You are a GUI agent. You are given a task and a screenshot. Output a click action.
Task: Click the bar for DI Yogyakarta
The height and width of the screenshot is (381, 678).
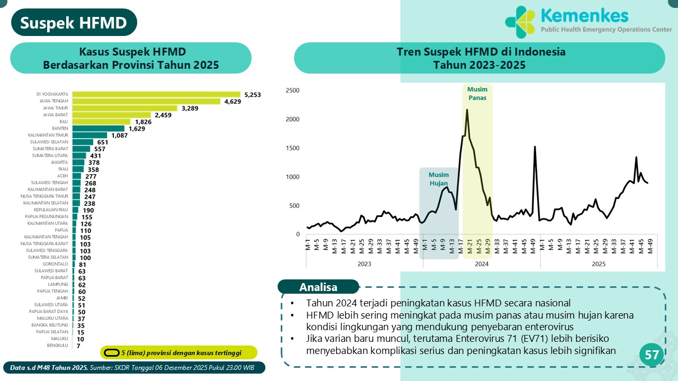156,94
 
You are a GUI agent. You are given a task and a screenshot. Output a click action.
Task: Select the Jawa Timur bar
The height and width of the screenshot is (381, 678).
125,108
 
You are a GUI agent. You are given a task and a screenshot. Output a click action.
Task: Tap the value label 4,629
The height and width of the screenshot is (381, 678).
233,102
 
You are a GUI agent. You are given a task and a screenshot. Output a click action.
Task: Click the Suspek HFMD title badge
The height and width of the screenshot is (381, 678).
74,23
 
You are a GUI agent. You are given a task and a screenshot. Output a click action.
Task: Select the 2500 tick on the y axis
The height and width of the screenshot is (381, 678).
293,90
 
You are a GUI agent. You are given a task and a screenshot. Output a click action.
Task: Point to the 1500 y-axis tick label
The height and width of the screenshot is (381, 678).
293,148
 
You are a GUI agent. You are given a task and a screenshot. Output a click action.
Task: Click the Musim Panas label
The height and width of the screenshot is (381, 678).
477,94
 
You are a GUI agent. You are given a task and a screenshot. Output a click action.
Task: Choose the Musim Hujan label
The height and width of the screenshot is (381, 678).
439,179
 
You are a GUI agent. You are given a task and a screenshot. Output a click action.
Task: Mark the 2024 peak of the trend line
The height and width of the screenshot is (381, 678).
467,110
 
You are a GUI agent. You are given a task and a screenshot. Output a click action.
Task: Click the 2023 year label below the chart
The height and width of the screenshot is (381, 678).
364,264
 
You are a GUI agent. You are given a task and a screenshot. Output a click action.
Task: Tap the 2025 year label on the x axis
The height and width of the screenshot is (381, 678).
599,264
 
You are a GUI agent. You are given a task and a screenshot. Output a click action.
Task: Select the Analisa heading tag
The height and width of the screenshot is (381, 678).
318,287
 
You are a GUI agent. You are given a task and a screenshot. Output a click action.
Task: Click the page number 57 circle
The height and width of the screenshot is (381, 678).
652,356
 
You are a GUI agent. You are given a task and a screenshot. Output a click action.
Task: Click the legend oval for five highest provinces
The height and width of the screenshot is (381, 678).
111,352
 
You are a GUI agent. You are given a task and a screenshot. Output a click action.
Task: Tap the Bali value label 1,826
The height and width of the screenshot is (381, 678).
144,122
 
